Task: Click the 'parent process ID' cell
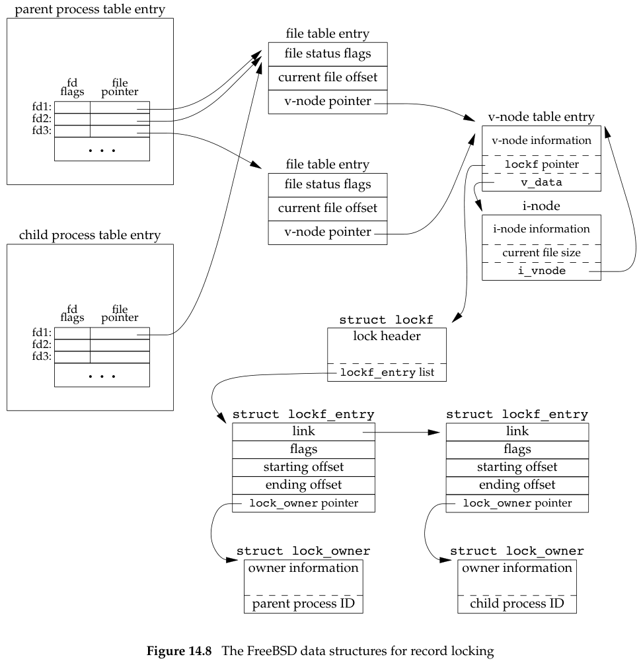pos(303,604)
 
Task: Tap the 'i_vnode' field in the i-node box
pos(541,271)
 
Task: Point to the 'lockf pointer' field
pos(541,164)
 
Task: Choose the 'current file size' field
pos(541,253)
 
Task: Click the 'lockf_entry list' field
pos(387,373)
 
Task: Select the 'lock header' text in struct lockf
pos(387,336)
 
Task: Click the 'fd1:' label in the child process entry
pos(44,333)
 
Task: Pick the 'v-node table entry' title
pos(541,117)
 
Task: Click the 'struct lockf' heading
pos(387,320)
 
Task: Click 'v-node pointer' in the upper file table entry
pos(327,101)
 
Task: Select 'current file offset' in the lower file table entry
pos(327,208)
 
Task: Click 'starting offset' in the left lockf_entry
pos(303,467)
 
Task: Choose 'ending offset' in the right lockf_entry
pos(517,485)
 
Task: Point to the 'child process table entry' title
pos(90,235)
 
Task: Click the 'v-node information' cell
pos(541,140)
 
